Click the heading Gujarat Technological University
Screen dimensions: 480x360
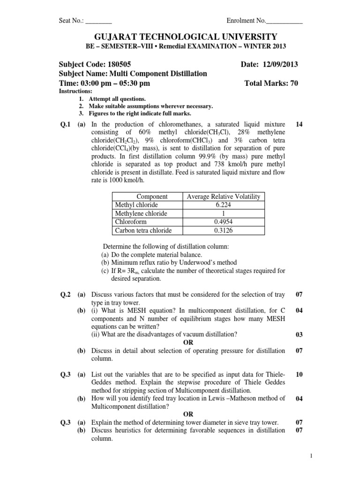[180, 37]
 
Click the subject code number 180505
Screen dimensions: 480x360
[122, 64]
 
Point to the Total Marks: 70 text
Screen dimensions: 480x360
[271, 83]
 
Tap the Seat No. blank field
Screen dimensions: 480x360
[99, 21]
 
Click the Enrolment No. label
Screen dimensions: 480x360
[246, 21]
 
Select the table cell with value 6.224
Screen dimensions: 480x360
[223, 205]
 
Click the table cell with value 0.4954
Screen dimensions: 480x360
[223, 222]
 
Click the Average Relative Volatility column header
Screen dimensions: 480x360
[223, 196]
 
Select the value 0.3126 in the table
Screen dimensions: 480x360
[223, 230]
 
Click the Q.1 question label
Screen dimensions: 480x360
[65, 124]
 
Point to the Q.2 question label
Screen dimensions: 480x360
[65, 294]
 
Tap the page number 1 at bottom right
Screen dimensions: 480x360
[350, 455]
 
